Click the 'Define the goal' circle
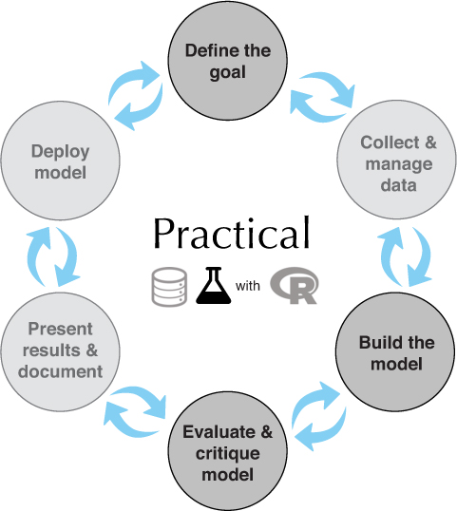(x=227, y=61)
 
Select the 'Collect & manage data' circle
(x=396, y=160)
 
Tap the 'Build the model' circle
(x=395, y=351)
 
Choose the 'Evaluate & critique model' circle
(x=227, y=452)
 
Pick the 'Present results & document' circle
(x=60, y=351)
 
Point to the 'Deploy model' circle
(x=60, y=161)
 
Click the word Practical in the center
(x=232, y=233)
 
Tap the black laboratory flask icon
(x=214, y=286)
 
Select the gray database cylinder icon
(x=169, y=287)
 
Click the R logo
(x=295, y=286)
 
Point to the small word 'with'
(x=248, y=286)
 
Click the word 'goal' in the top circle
(x=227, y=73)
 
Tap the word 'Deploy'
(x=60, y=152)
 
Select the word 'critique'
(x=227, y=454)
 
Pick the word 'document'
(x=60, y=371)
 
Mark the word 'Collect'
(x=390, y=142)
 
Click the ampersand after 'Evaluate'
(x=267, y=432)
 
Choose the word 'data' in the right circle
(x=398, y=185)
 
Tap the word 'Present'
(x=60, y=329)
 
